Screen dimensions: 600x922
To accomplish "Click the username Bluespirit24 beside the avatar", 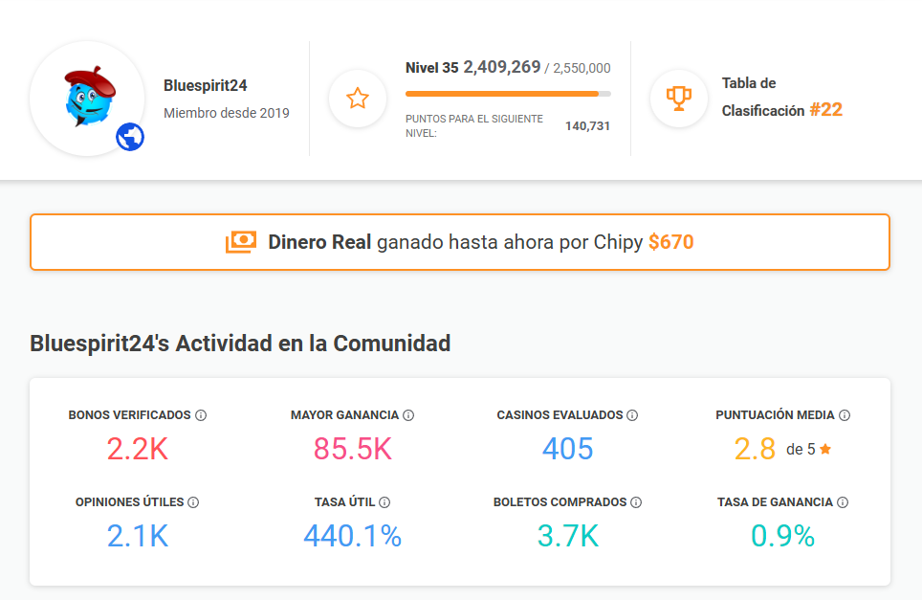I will pyautogui.click(x=206, y=85).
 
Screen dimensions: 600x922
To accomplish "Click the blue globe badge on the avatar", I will pyautogui.click(x=130, y=138).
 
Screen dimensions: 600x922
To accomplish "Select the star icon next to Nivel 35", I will pyautogui.click(x=358, y=98).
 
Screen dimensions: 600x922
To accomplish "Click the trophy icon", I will pyautogui.click(x=679, y=98).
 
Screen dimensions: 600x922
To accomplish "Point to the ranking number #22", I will pyautogui.click(x=825, y=110).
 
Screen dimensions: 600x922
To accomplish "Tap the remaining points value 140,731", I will pyautogui.click(x=587, y=126).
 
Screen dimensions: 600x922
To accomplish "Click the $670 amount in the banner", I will pyautogui.click(x=670, y=242).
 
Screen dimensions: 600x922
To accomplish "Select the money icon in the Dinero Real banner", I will pyautogui.click(x=241, y=242).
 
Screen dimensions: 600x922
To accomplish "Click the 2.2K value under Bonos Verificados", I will pyautogui.click(x=138, y=449).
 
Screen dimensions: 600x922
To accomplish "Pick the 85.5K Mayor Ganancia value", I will pyautogui.click(x=352, y=449).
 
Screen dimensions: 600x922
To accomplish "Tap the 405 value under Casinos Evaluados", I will pyautogui.click(x=567, y=449).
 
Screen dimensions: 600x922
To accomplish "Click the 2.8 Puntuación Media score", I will pyautogui.click(x=755, y=449).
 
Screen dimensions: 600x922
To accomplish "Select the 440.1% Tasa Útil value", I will pyautogui.click(x=352, y=536).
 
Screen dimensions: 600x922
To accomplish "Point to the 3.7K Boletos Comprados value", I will pyautogui.click(x=567, y=536).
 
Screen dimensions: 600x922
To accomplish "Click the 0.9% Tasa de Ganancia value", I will pyautogui.click(x=782, y=536).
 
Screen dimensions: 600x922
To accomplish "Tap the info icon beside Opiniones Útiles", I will pyautogui.click(x=193, y=502).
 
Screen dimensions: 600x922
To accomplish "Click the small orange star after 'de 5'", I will pyautogui.click(x=825, y=449).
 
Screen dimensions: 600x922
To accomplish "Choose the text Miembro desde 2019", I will pyautogui.click(x=227, y=113).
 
